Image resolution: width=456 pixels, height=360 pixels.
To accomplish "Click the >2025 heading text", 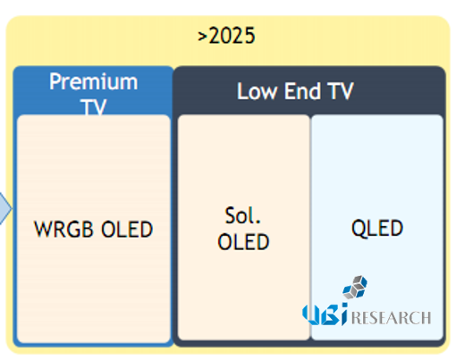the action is click(226, 36).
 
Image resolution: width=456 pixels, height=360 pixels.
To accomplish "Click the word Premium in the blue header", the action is click(94, 81).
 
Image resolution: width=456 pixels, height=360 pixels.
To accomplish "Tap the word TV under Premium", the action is click(93, 107).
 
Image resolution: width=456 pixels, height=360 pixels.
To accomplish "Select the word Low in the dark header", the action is click(258, 91).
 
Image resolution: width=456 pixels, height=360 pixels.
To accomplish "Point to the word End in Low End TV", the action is click(302, 91).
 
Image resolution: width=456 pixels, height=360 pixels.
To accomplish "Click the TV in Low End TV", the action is click(341, 91).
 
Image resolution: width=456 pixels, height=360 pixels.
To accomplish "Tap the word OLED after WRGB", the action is click(127, 230).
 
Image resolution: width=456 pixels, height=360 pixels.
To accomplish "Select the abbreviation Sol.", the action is click(243, 215).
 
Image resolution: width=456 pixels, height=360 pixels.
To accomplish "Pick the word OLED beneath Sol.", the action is click(243, 241).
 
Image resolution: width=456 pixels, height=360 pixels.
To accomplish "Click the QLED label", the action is click(377, 229).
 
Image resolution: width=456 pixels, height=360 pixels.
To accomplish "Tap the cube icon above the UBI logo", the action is click(355, 287).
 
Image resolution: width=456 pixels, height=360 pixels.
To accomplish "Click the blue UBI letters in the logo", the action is click(325, 314).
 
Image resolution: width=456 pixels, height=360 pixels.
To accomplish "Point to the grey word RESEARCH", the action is click(392, 317).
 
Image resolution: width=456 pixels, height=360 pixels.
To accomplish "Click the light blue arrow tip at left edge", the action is click(12, 208).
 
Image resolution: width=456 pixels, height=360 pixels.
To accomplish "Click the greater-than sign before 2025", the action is click(202, 37).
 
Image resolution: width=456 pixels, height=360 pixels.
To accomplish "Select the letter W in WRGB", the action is click(44, 230).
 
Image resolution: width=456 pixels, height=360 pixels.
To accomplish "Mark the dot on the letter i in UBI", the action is click(344, 305).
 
